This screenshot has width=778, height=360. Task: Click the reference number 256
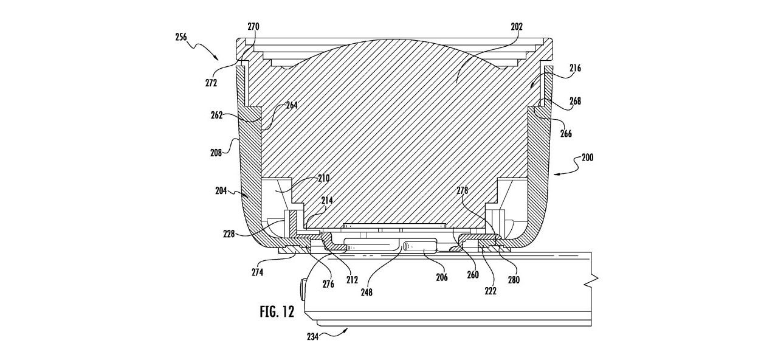[181, 37]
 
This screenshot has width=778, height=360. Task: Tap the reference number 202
[517, 27]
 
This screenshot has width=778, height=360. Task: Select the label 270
[253, 27]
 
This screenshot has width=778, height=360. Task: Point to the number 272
[211, 83]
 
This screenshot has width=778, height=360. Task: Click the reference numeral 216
[575, 67]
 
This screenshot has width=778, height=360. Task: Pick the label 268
[575, 101]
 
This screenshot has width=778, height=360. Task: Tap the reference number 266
[566, 133]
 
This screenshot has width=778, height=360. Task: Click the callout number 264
[292, 105]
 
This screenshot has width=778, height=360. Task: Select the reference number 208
[216, 153]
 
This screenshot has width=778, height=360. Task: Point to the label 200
[587, 157]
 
